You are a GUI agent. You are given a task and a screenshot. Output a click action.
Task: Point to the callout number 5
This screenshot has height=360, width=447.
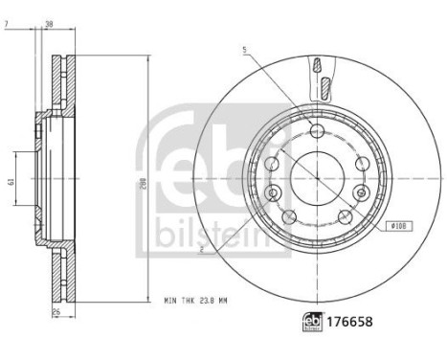245,49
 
